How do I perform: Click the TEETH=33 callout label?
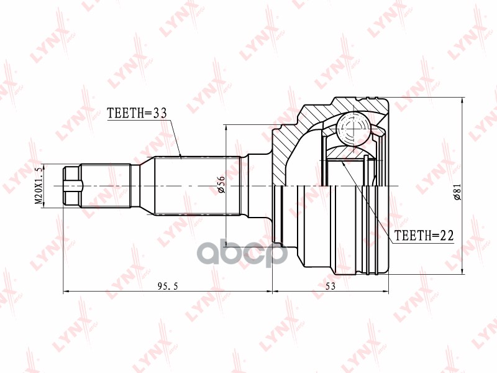click(137, 113)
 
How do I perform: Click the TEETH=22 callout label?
click(424, 236)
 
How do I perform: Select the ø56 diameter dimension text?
click(221, 184)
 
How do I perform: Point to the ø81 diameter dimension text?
click(457, 191)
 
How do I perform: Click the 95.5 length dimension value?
click(168, 286)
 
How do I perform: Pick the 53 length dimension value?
click(331, 286)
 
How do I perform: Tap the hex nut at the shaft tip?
click(72, 186)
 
